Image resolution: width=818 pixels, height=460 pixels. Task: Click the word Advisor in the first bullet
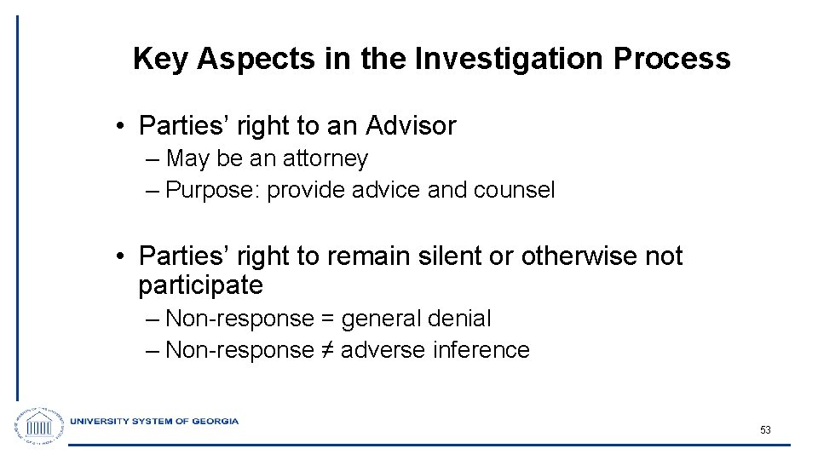click(412, 126)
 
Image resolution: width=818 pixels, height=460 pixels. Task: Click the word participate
click(200, 285)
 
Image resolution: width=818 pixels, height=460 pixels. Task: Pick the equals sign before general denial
click(327, 319)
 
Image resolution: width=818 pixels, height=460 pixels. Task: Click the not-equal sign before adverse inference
click(327, 350)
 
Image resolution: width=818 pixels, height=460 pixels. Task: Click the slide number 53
click(765, 430)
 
